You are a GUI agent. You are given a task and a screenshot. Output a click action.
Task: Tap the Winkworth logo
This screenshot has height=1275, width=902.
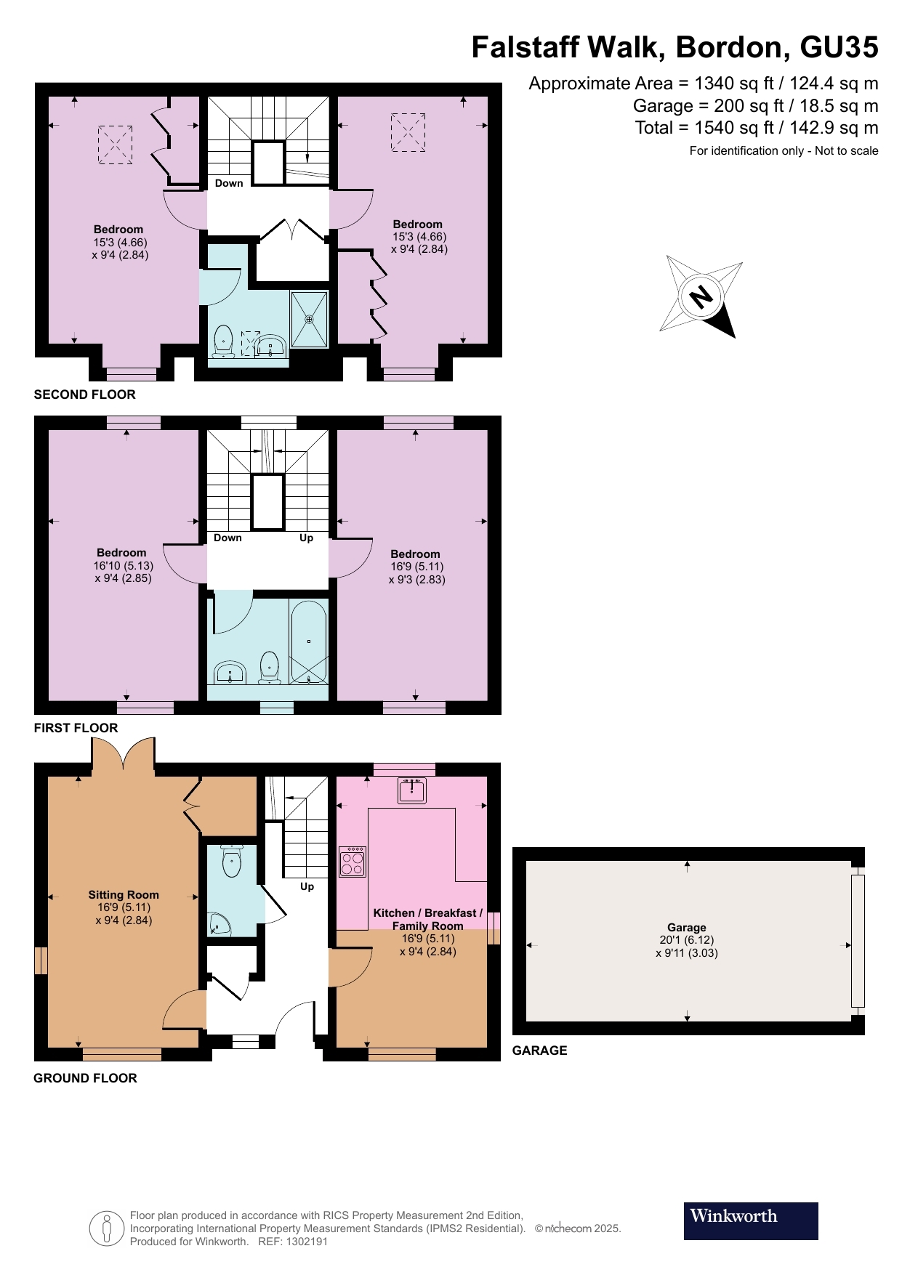[x=750, y=1221]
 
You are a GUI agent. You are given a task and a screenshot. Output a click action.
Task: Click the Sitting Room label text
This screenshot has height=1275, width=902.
[x=124, y=895]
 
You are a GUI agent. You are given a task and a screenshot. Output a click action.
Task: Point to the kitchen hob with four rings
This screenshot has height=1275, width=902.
[x=353, y=862]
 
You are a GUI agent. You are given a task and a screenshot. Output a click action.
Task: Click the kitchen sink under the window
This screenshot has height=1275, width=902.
[x=412, y=790]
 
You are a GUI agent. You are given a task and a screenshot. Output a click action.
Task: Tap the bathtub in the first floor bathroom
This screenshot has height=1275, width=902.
[x=308, y=641]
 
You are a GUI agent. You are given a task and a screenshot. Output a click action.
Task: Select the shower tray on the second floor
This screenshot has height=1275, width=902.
[x=309, y=319]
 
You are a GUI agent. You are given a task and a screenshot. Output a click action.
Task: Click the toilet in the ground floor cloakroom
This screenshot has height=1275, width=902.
[x=231, y=862]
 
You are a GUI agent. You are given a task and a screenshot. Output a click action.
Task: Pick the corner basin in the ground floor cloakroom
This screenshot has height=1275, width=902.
[x=217, y=925]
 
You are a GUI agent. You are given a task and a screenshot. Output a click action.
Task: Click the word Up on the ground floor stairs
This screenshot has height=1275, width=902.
[x=307, y=886]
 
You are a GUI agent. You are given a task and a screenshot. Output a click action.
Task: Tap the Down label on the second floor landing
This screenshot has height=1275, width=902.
[x=229, y=183]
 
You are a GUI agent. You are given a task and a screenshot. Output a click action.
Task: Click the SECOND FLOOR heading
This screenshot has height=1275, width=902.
[x=84, y=394]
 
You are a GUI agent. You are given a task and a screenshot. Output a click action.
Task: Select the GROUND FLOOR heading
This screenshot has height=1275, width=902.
[x=85, y=1078]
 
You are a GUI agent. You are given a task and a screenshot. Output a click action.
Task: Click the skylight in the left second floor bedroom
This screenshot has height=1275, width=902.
[x=116, y=145]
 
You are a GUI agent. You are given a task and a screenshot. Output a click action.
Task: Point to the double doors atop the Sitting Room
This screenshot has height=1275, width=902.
[x=124, y=753]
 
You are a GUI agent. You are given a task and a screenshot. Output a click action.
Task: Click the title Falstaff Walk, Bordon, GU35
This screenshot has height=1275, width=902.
[x=675, y=47]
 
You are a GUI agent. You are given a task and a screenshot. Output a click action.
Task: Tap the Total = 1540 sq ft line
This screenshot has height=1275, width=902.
[x=756, y=128]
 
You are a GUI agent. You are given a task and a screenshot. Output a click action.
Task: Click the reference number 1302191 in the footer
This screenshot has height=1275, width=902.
[x=307, y=1242]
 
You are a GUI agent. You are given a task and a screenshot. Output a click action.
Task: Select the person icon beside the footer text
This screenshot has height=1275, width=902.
[x=107, y=1229]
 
